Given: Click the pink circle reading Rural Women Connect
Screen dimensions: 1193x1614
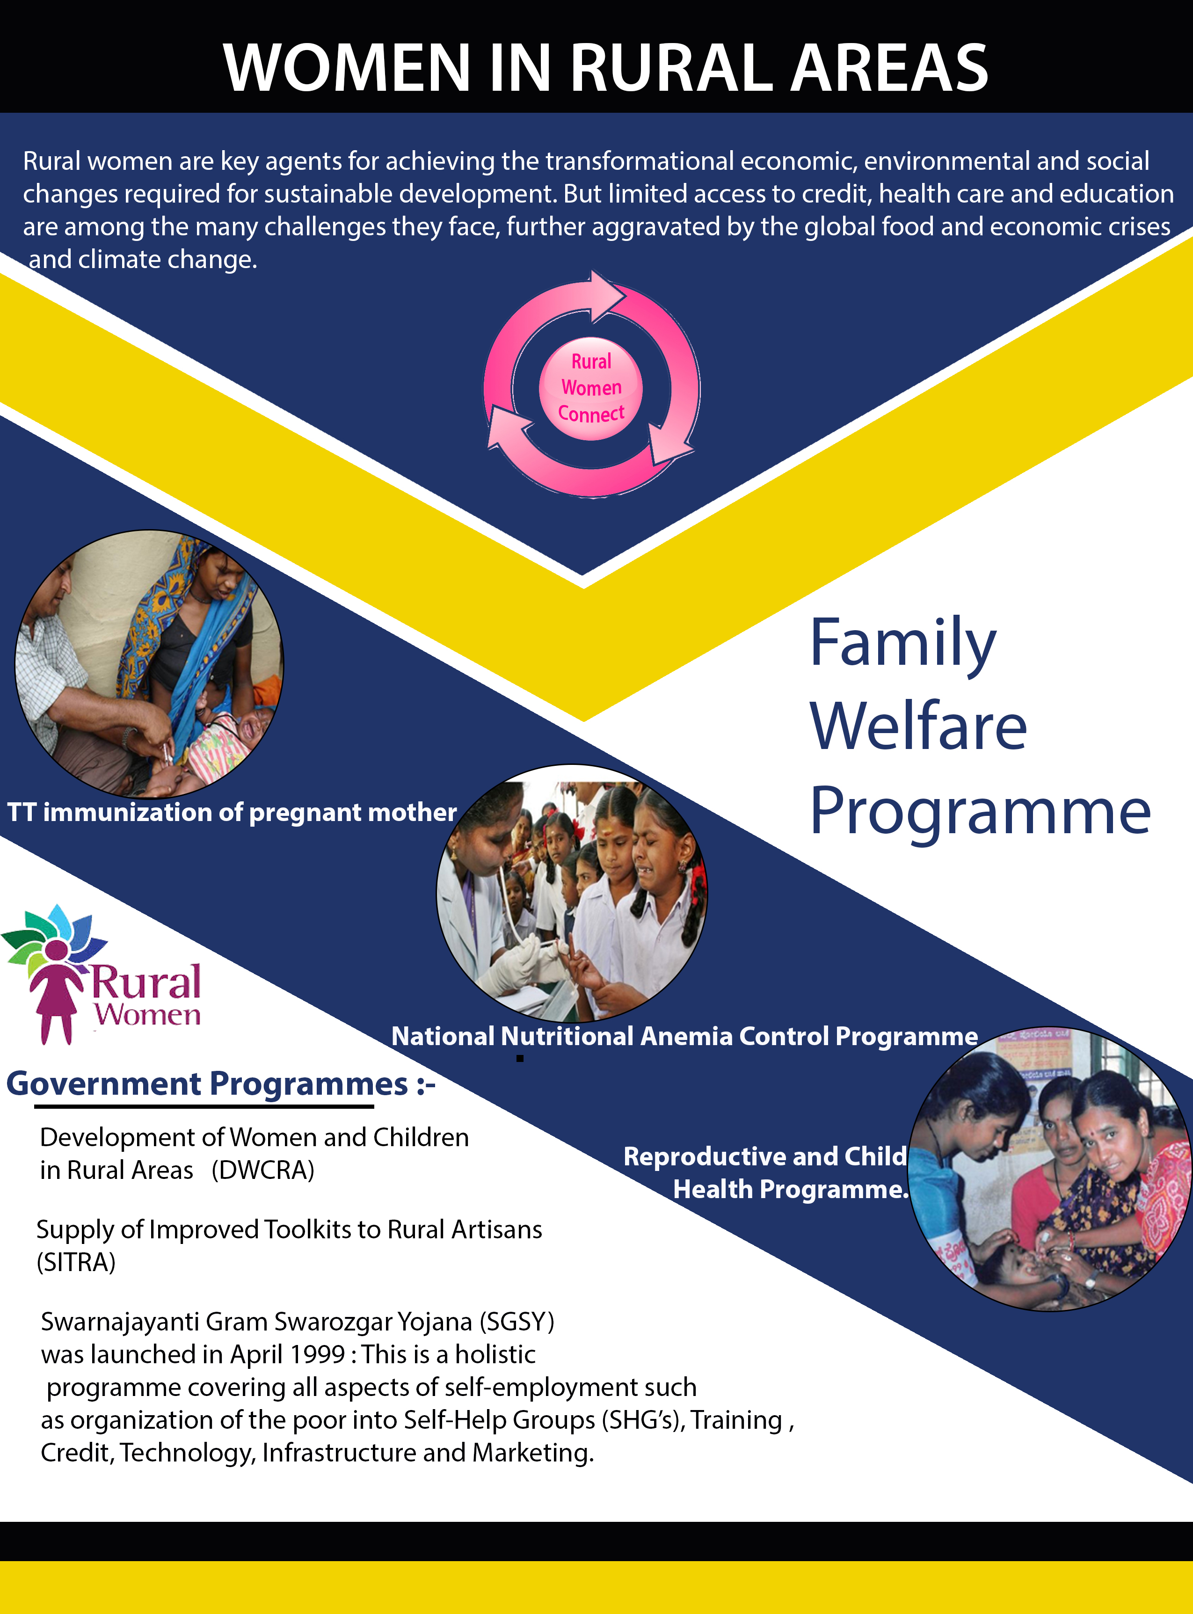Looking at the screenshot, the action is [x=591, y=388].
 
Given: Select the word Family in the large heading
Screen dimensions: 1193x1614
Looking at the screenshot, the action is [x=902, y=643].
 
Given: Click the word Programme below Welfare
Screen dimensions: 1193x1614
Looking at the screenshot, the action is [x=980, y=812].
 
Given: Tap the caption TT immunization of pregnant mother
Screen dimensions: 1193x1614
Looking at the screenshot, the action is [x=232, y=813].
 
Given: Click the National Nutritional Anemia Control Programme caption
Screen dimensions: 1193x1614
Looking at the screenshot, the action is [x=684, y=1036].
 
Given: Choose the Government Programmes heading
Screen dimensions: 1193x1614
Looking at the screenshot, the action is [x=220, y=1084].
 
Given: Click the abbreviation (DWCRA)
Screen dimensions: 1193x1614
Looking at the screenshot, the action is [x=263, y=1171].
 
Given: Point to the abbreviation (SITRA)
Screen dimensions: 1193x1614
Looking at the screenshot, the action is [x=76, y=1262].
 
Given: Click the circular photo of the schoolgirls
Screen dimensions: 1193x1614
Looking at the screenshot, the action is [x=572, y=893].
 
